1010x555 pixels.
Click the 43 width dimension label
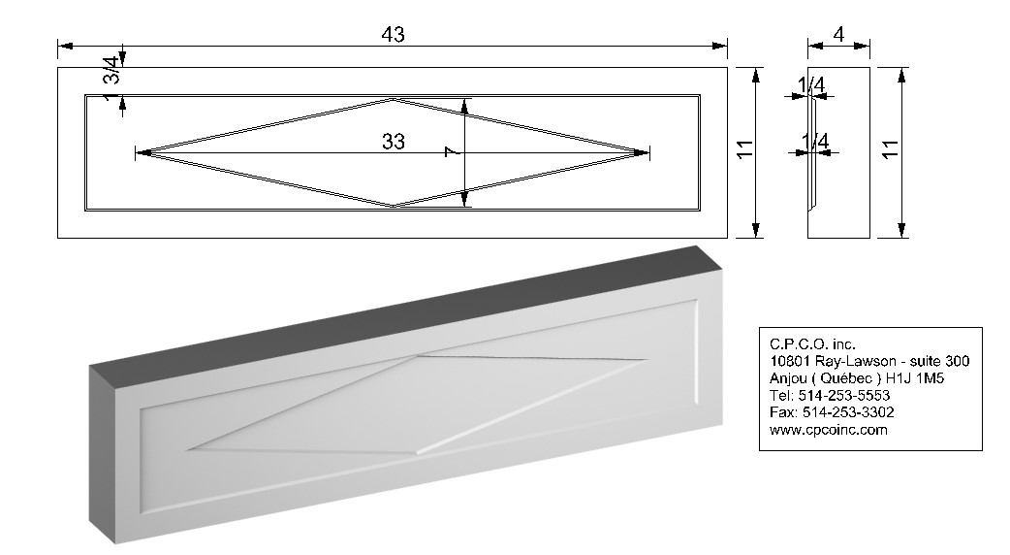[x=393, y=34]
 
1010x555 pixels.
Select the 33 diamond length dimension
[x=393, y=141]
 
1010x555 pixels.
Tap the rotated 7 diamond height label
[x=452, y=151]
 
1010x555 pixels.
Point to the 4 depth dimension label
[x=838, y=34]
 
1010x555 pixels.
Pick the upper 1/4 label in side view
[x=811, y=84]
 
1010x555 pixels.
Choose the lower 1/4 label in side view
[x=815, y=141]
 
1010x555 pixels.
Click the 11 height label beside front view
[x=744, y=149]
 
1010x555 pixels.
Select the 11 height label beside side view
[x=890, y=149]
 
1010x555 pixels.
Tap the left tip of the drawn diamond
[x=138, y=152]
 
